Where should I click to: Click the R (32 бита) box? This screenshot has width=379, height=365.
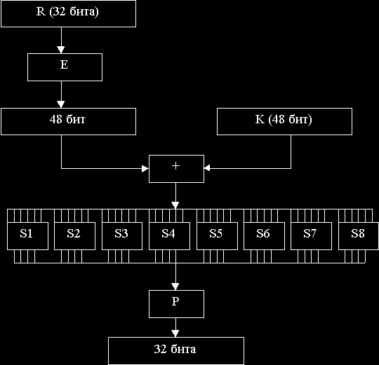pyautogui.click(x=68, y=13)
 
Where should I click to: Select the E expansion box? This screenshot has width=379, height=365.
pyautogui.click(x=65, y=67)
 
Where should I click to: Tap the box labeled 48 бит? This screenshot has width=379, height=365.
pyautogui.click(x=68, y=121)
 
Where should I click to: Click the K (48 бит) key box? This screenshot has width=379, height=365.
pyautogui.click(x=284, y=121)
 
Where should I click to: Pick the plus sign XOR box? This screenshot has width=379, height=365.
pyautogui.click(x=176, y=169)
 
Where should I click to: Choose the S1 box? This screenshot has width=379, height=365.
pyautogui.click(x=27, y=236)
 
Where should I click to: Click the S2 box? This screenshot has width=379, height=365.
pyautogui.click(x=74, y=236)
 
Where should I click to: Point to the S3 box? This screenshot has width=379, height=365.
pyautogui.click(x=122, y=236)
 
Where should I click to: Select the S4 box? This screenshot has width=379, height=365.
pyautogui.click(x=169, y=236)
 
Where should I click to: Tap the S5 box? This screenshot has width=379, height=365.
pyautogui.click(x=217, y=236)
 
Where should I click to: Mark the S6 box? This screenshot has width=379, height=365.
pyautogui.click(x=264, y=236)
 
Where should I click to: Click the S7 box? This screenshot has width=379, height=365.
pyautogui.click(x=311, y=236)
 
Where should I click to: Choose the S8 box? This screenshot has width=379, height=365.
pyautogui.click(x=359, y=236)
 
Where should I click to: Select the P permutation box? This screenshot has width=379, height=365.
pyautogui.click(x=176, y=304)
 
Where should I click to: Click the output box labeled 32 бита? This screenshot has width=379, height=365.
pyautogui.click(x=176, y=351)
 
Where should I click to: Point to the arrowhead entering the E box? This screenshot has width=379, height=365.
pyautogui.click(x=61, y=50)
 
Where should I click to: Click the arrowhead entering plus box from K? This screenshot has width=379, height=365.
pyautogui.click(x=207, y=168)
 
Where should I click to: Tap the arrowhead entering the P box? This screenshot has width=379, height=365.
pyautogui.click(x=175, y=287)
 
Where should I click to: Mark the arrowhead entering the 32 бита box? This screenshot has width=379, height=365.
pyautogui.click(x=175, y=333)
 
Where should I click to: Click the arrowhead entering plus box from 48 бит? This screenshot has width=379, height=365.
pyautogui.click(x=145, y=169)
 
